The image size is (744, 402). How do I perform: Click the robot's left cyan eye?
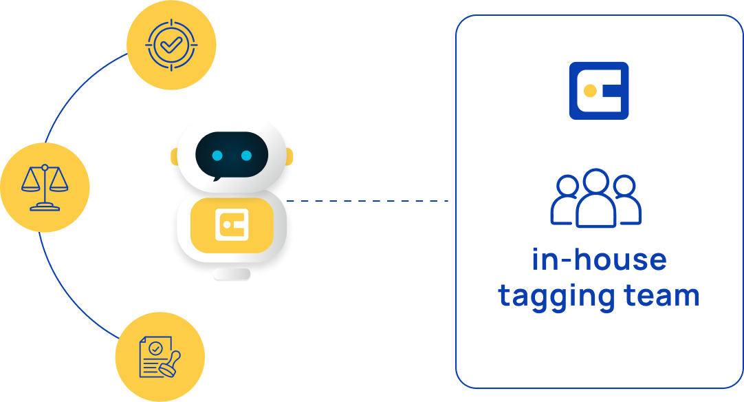pyautogui.click(x=217, y=156)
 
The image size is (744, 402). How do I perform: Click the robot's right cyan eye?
pyautogui.click(x=246, y=156)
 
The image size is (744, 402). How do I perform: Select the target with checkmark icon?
pyautogui.click(x=171, y=45)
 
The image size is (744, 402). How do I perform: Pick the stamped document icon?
pyautogui.click(x=160, y=356)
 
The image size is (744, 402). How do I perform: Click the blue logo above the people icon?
pyautogui.click(x=599, y=91)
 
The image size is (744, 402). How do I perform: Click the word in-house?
pyautogui.click(x=599, y=260)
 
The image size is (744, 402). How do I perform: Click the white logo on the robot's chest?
pyautogui.click(x=232, y=224)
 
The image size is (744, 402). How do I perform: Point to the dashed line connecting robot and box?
pyautogui.click(x=368, y=201)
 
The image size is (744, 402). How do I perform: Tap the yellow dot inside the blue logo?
pyautogui.click(x=589, y=91)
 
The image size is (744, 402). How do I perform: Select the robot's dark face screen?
pyautogui.click(x=232, y=156)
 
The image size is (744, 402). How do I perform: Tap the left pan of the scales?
pyautogui.click(x=31, y=184)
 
